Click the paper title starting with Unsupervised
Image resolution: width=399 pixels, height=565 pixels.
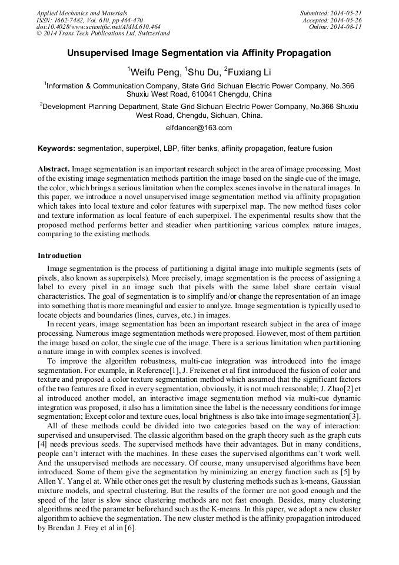coord(199,53)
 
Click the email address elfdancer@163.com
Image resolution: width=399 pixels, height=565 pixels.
coord(199,128)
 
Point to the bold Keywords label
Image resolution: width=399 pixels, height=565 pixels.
coord(56,148)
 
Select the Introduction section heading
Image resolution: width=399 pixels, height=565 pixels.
coord(59,256)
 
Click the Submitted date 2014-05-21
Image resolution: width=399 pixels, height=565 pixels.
coord(345,13)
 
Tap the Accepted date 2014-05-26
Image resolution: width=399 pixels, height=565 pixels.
coord(347,20)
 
